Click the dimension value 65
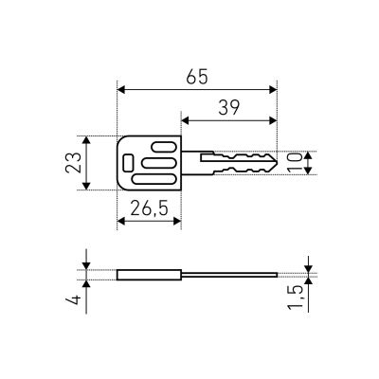pos(197,77)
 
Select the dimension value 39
pos(229,108)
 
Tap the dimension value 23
pos(73,163)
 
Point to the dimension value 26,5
pos(149,208)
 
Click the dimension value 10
pos(295,162)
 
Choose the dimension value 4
pos(73,299)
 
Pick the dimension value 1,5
pos(296,298)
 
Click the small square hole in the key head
pos(128,162)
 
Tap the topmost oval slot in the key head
pos(164,147)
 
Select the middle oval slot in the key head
pos(158,163)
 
